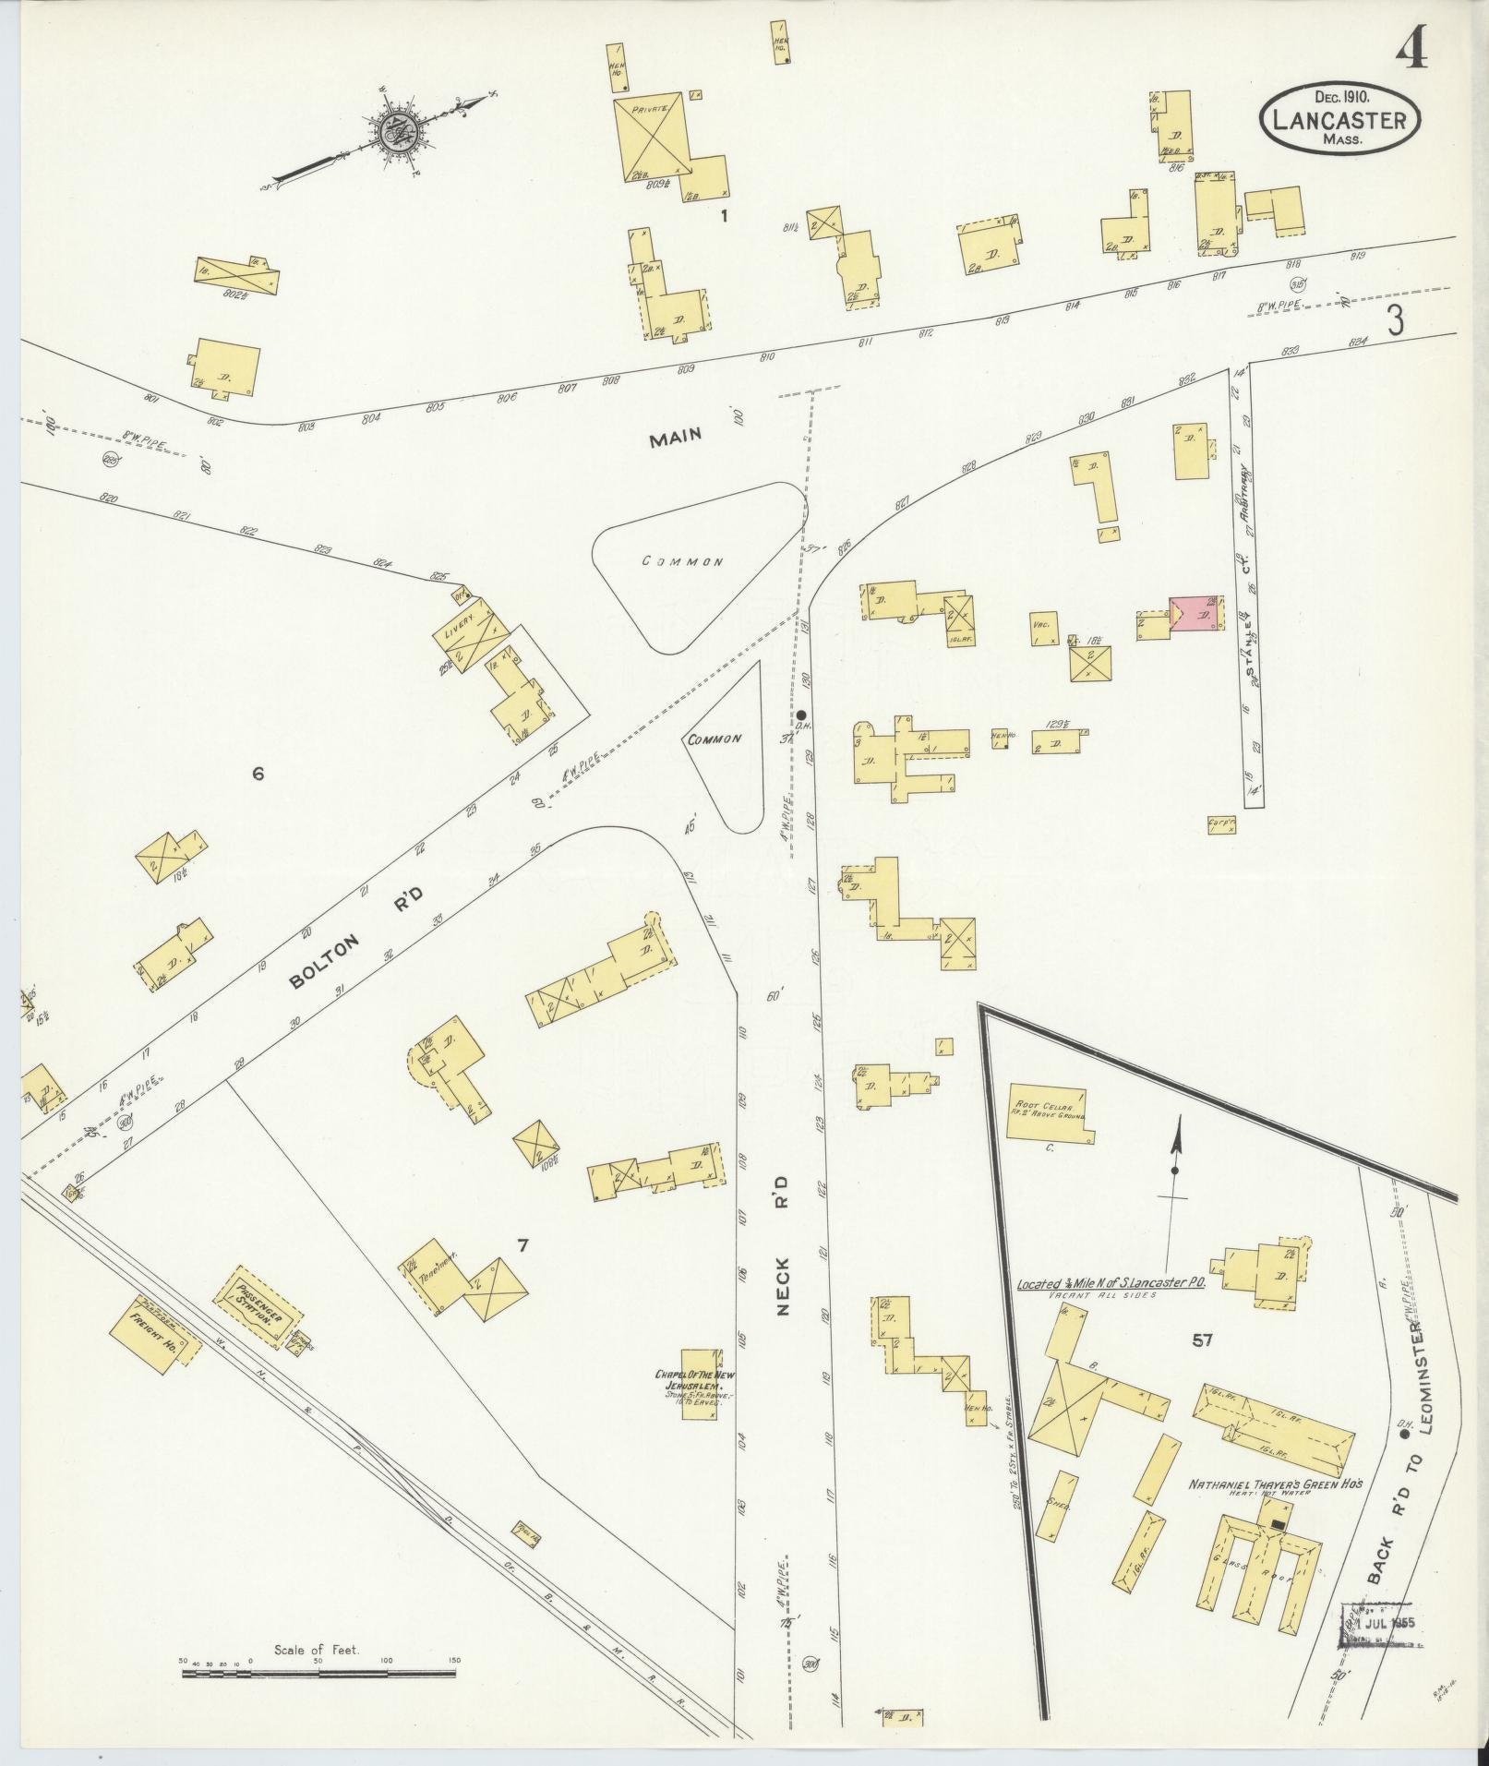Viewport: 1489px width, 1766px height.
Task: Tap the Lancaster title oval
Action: pos(1340,119)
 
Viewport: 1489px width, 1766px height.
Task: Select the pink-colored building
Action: pos(1196,612)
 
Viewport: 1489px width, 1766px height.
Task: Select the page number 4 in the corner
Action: pos(1411,48)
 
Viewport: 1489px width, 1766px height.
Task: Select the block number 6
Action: pos(258,774)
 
